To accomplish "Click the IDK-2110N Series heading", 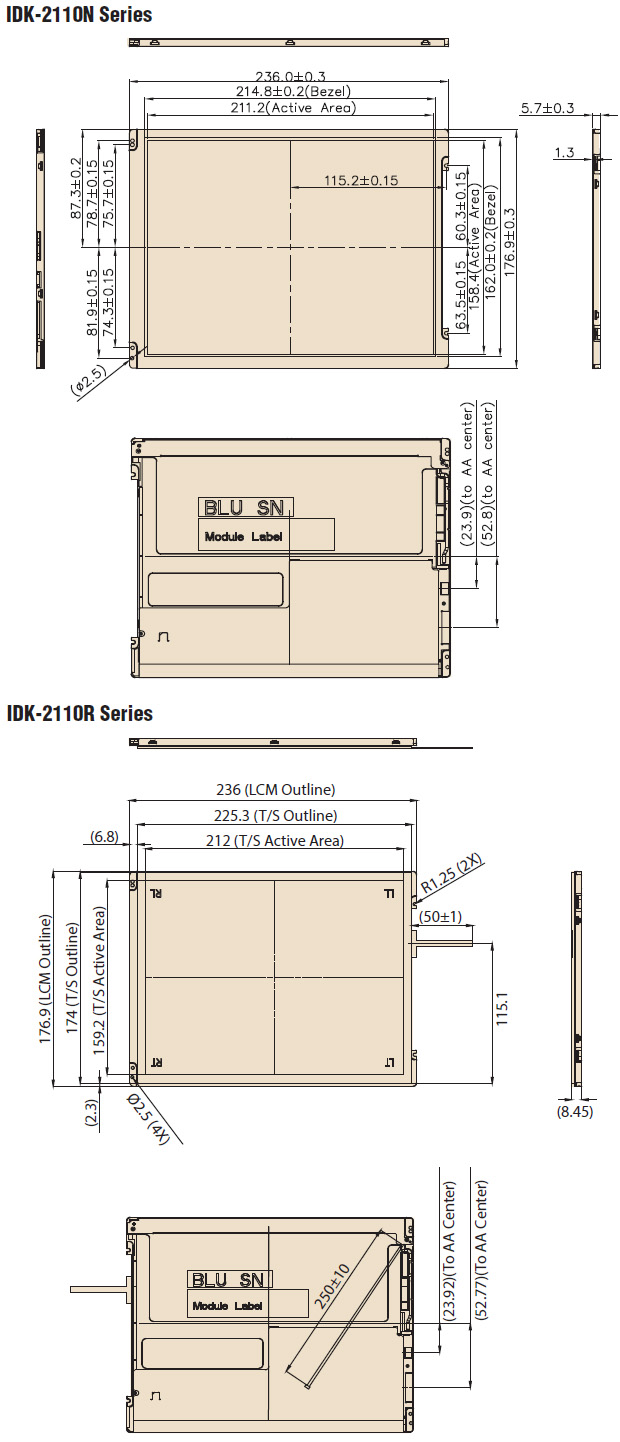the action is click(x=79, y=15).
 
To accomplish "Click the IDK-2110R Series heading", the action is click(x=80, y=713).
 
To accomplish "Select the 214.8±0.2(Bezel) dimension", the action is click(x=293, y=91).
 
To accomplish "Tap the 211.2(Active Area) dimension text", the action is click(x=293, y=108).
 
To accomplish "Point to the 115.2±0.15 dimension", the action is click(x=361, y=180).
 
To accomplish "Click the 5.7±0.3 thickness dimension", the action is click(x=547, y=108).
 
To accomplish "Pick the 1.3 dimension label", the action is click(x=564, y=153).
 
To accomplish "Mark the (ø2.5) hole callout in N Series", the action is click(x=88, y=380).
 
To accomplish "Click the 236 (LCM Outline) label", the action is click(x=276, y=789).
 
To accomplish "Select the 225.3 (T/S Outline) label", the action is click(x=276, y=816).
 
